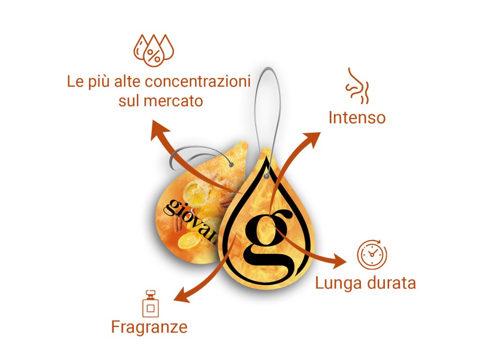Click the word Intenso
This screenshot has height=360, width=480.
pos(357,117)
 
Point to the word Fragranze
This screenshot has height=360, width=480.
pos(149,327)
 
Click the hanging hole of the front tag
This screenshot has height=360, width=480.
pos(266,177)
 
